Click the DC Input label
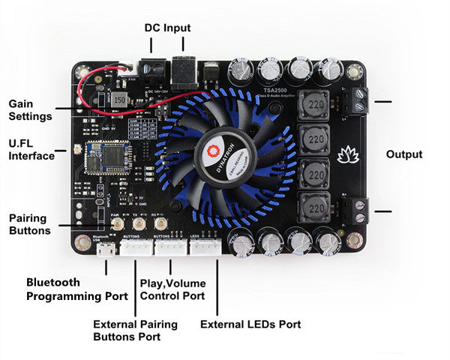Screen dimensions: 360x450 (167, 28)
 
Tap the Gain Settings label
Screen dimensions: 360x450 (31, 109)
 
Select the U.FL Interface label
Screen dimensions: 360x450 (31, 148)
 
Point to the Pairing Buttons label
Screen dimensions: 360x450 (30, 224)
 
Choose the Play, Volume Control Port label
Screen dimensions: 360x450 (172, 289)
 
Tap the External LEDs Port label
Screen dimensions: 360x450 (250, 325)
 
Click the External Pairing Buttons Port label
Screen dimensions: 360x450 (136, 331)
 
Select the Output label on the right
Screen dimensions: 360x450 (404, 154)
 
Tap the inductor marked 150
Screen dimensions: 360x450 (120, 100)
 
